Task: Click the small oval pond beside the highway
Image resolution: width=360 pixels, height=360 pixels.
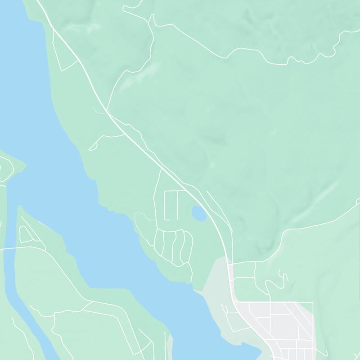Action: tap(199, 213)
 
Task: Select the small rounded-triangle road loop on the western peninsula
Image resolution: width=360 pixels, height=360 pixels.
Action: tap(25, 234)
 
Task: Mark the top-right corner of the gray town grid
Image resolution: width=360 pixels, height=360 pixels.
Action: tap(312, 303)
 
